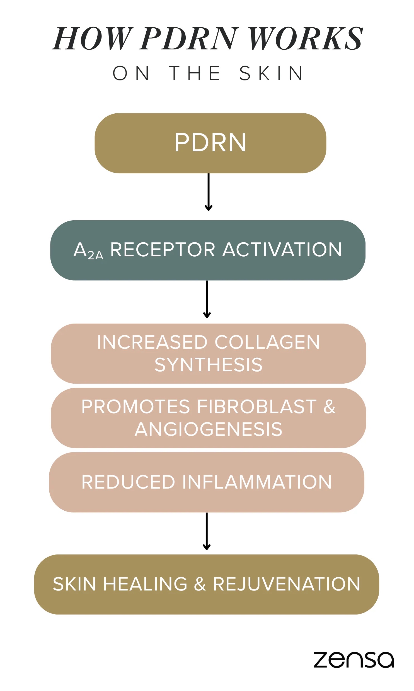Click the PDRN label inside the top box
tap(210, 143)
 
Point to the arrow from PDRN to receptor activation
tap(209, 192)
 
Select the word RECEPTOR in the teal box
tap(163, 250)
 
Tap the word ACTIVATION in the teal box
tap(282, 250)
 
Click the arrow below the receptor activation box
tap(207, 299)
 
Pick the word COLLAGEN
tap(267, 342)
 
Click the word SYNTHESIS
tap(209, 365)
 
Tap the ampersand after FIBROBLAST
tap(330, 407)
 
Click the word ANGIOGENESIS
tap(209, 429)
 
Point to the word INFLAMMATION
tap(257, 482)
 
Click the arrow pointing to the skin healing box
tap(206, 531)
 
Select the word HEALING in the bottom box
tap(145, 584)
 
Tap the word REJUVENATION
tap(287, 584)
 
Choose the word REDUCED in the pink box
tap(128, 482)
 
